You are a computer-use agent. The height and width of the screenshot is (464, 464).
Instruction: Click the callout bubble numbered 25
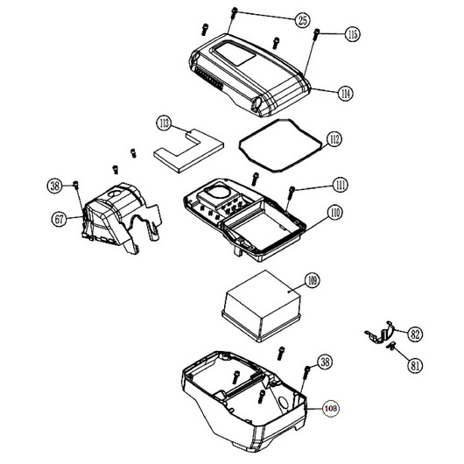[302, 20]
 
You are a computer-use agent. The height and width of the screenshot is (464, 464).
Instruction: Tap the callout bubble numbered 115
[353, 34]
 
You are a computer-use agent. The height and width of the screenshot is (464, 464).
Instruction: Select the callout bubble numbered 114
[345, 94]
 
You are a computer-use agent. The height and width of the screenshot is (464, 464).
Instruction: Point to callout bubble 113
[165, 123]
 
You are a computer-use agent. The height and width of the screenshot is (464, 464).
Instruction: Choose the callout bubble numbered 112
[334, 139]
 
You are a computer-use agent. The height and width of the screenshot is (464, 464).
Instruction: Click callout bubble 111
[341, 185]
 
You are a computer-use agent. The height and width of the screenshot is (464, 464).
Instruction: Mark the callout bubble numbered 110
[334, 213]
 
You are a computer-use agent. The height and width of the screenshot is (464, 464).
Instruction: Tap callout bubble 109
[313, 280]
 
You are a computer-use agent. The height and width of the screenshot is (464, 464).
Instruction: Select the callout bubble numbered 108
[331, 408]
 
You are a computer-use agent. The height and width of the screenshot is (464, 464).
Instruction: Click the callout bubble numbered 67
[59, 219]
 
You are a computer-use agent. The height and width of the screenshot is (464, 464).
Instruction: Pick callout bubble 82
[415, 334]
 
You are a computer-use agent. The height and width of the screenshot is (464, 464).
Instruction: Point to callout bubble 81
[415, 366]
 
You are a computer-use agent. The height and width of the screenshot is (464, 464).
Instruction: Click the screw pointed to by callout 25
[234, 12]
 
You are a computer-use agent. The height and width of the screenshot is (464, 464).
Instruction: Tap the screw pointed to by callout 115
[316, 34]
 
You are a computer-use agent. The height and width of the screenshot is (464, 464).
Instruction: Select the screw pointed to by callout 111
[292, 193]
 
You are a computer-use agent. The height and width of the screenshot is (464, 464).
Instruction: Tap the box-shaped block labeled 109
[262, 306]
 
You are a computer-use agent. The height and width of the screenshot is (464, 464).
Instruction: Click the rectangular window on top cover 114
[235, 53]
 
